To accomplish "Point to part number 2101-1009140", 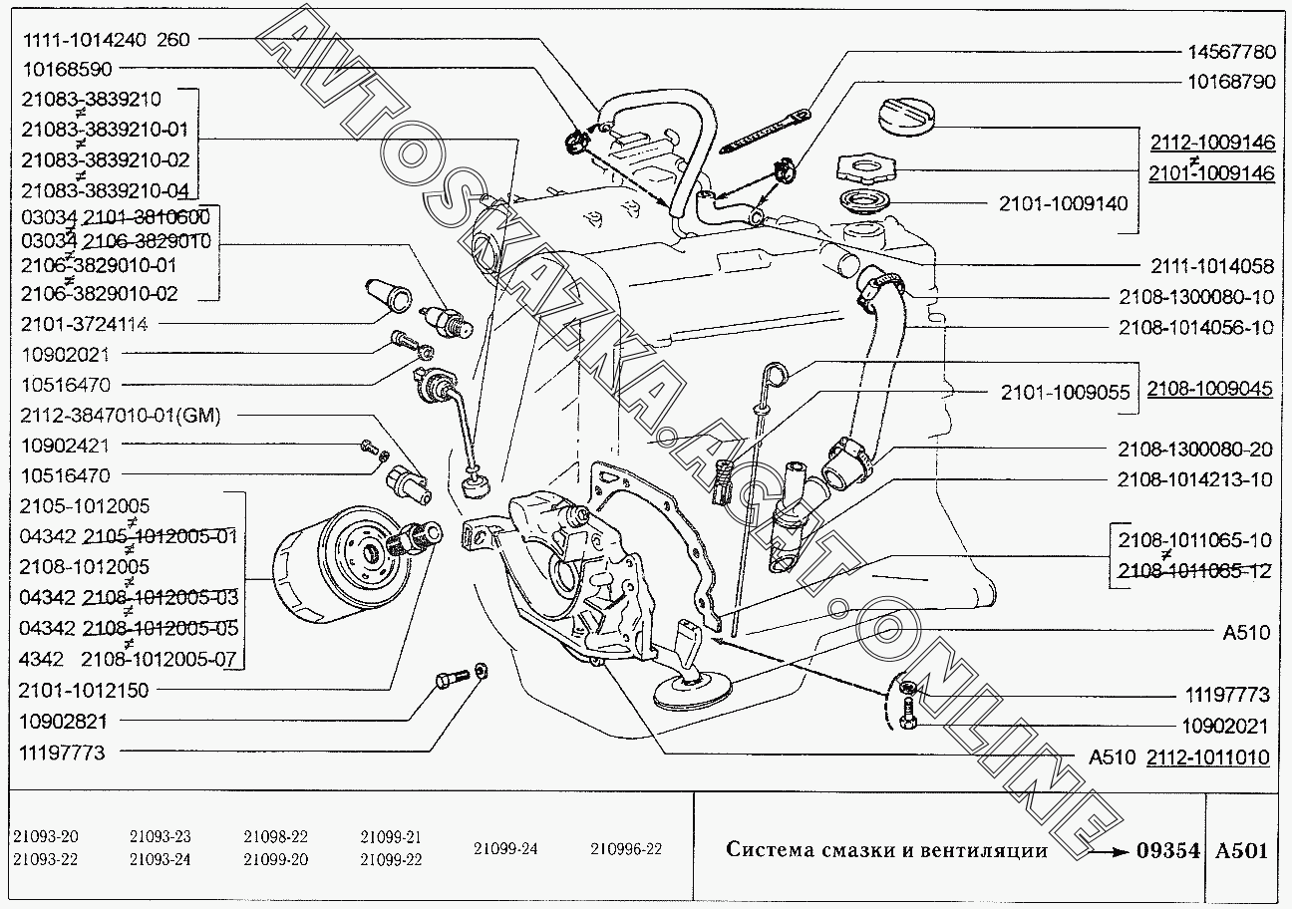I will click(1063, 204).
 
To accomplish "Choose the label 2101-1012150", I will click(84, 690).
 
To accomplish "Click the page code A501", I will click(1241, 850).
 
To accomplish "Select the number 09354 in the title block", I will click(1166, 850).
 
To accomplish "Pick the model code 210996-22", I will click(626, 849).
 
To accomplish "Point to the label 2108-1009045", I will click(1209, 389).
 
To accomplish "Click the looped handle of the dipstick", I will click(778, 375).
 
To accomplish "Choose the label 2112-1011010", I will click(1207, 757).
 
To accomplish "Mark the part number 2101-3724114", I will click(84, 324).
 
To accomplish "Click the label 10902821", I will click(63, 721).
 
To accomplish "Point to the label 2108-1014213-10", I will click(1195, 479).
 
